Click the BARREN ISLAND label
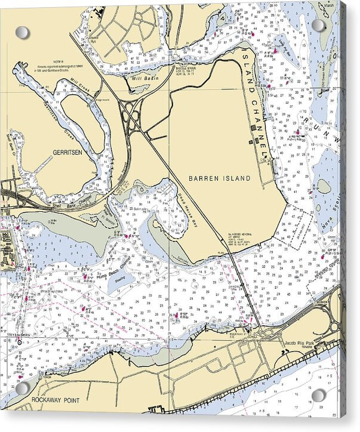pos(219,178)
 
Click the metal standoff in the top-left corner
pos(22,32)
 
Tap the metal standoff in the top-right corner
pos(319,25)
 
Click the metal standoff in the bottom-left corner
pos(22,388)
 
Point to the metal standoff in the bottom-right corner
pos(319,395)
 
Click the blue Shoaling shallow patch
pos(120,280)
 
